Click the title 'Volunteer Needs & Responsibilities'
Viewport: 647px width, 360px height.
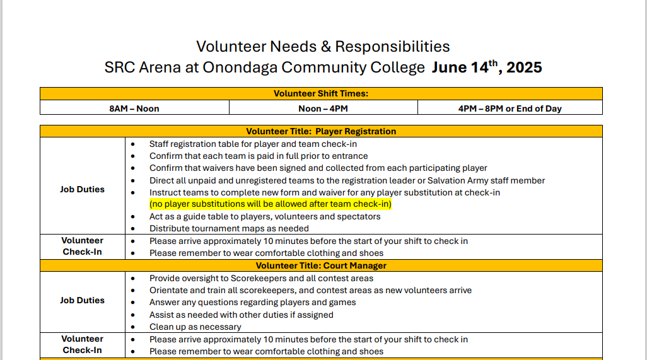click(323, 46)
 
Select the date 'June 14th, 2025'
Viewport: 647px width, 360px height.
click(487, 67)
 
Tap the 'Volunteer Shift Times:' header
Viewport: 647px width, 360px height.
click(321, 93)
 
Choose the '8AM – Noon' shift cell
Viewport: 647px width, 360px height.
click(134, 108)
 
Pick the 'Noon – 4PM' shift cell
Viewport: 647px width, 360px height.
click(323, 108)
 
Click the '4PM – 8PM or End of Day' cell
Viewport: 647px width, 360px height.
click(510, 108)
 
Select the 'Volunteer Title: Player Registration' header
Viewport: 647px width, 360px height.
click(321, 132)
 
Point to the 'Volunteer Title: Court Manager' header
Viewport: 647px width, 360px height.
click(321, 266)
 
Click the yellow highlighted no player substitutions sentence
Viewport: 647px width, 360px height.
click(271, 204)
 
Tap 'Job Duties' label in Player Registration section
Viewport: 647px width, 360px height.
click(83, 189)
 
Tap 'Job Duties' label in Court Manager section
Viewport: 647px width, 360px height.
click(83, 300)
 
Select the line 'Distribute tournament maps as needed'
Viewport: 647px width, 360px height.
click(229, 228)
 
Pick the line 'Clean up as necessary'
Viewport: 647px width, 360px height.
click(195, 327)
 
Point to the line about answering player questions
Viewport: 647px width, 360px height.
click(252, 302)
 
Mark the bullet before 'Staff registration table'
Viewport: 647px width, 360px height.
click(132, 144)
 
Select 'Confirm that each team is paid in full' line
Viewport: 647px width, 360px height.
click(259, 156)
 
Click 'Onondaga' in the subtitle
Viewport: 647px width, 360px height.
click(240, 67)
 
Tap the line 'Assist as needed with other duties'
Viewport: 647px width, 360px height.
click(241, 315)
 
